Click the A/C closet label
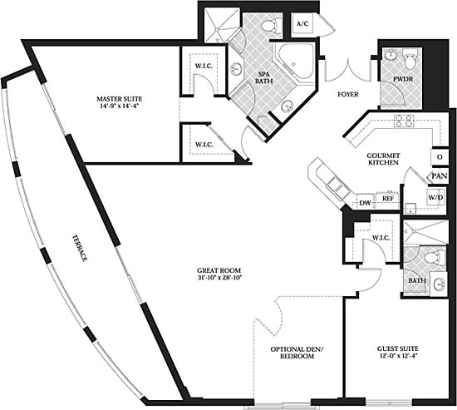(x=302, y=24)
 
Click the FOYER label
(x=348, y=95)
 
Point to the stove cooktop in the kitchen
(x=404, y=121)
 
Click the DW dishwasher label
(x=365, y=203)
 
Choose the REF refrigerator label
(x=388, y=199)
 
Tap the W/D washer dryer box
(x=436, y=198)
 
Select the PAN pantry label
(x=440, y=176)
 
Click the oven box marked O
(x=440, y=157)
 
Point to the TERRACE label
(x=80, y=248)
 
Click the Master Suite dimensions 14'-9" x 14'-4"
(x=120, y=106)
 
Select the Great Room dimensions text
(x=219, y=278)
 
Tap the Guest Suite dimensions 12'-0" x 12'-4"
(x=397, y=356)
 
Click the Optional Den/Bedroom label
(x=297, y=353)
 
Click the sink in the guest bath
(x=439, y=284)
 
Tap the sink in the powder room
(x=390, y=54)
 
